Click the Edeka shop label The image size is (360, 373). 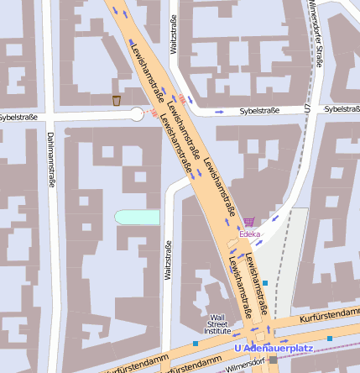click(250, 234)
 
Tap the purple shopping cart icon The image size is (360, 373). click(249, 223)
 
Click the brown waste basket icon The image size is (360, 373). click(117, 101)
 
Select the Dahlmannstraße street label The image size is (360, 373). click(51, 159)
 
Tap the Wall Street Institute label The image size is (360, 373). click(218, 324)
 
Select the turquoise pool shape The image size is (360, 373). click(137, 218)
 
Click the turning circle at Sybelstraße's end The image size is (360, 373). click(137, 113)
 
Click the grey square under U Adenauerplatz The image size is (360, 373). click(273, 360)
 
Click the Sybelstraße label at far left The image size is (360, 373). click(18, 117)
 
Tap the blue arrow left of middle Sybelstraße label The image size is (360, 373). click(219, 111)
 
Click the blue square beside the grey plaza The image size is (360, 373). click(265, 283)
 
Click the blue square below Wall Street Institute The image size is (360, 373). click(196, 343)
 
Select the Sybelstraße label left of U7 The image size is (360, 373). click(259, 110)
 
